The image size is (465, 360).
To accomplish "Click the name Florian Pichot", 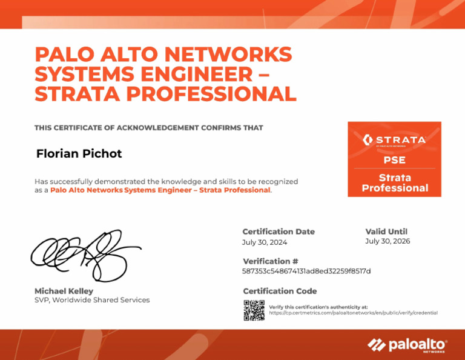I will tap(79, 154).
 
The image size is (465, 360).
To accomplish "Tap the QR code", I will tap(254, 310).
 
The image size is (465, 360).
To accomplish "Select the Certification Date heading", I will tap(279, 232).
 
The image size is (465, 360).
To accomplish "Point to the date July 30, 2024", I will tap(265, 242).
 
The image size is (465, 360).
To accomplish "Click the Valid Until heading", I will tap(386, 232).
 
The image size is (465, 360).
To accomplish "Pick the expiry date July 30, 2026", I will tap(387, 241).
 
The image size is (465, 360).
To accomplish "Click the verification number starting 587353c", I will tap(306, 271).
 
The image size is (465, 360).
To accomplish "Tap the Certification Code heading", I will tap(280, 291).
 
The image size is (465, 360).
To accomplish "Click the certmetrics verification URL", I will tap(353, 313).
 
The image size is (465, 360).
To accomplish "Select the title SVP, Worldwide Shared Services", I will tap(92, 300).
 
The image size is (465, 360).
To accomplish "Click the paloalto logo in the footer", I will tap(407, 345).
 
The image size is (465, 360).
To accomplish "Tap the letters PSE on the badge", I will tap(394, 161).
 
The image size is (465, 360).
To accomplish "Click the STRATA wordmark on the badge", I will tap(400, 140).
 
